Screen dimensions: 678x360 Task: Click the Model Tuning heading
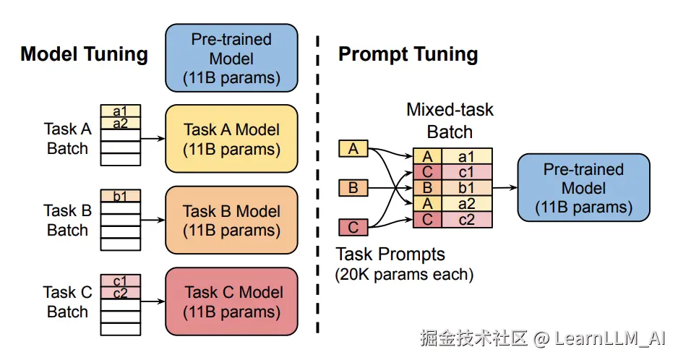coord(85,54)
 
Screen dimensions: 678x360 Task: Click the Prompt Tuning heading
coord(408,54)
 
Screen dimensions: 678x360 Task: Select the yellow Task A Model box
coord(232,139)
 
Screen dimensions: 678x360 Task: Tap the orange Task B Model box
coord(232,220)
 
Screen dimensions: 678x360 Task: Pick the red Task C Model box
coord(232,301)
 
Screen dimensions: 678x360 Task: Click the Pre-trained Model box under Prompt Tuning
coord(584,188)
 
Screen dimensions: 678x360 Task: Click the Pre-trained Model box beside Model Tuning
coord(232,58)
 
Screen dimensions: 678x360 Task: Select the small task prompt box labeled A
coord(353,148)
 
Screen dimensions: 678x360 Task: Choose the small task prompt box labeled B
coord(353,188)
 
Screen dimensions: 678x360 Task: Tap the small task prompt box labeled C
coord(353,227)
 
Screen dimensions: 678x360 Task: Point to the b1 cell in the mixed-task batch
coord(466,188)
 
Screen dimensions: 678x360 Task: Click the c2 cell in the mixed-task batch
coord(466,220)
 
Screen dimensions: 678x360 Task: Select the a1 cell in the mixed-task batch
coord(466,156)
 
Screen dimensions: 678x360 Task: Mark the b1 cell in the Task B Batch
coord(121,196)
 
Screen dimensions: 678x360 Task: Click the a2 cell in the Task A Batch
coord(121,124)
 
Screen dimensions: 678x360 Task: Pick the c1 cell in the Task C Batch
coord(121,280)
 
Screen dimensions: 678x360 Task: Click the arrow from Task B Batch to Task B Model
coord(153,220)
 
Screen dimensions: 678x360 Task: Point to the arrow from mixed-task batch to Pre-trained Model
coord(505,188)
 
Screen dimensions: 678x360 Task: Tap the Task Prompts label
coord(390,254)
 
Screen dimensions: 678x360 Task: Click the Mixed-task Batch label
coord(450,121)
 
